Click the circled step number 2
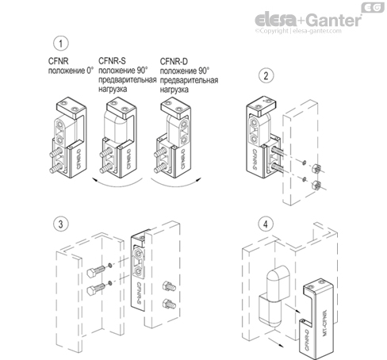coord(267,76)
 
